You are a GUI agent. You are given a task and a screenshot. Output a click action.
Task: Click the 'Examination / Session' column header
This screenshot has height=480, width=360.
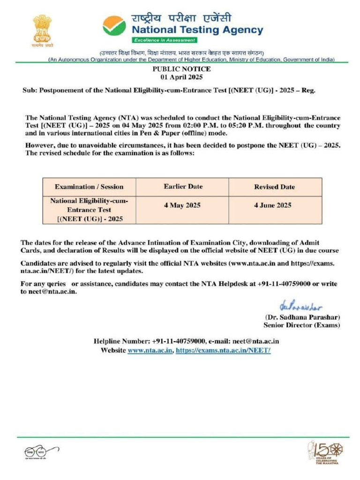tap(89, 187)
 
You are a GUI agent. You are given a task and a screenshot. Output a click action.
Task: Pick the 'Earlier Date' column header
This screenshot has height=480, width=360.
tap(183, 187)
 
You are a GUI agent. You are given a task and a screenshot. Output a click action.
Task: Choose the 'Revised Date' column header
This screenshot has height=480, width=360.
tap(274, 187)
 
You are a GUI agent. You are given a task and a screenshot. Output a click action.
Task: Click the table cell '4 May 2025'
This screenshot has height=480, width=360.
tap(182, 205)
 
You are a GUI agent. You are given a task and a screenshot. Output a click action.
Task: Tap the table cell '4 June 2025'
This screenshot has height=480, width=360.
tap(275, 205)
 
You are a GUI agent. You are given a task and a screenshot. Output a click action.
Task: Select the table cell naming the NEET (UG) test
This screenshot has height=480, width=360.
tap(89, 210)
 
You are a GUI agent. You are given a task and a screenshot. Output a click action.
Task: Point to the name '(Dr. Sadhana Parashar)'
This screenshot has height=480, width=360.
tap(302, 317)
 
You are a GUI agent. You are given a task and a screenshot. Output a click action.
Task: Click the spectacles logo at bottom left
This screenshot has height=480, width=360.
tap(36, 453)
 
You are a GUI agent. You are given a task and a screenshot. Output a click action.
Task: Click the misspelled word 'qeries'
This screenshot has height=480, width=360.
tap(56, 284)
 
